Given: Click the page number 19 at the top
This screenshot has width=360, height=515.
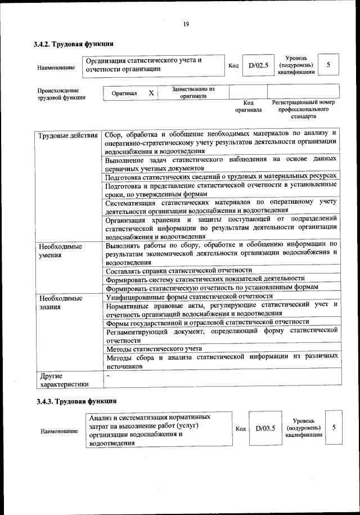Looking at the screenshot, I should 185,23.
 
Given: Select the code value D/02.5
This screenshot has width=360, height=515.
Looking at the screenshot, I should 258,65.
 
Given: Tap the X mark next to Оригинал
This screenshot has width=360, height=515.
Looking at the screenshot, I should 151,92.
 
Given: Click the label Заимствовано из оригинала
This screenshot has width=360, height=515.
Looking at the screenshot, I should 193,92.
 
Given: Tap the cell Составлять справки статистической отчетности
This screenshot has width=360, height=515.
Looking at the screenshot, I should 179,270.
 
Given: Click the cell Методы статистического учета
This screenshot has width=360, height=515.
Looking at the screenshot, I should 154,349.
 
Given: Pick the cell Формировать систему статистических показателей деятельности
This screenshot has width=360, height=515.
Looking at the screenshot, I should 205,279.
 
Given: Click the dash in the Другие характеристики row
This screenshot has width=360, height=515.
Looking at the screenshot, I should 108,374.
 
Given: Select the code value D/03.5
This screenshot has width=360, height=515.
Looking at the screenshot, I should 265,428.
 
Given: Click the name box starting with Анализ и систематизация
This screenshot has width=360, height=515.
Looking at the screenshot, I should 157,429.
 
